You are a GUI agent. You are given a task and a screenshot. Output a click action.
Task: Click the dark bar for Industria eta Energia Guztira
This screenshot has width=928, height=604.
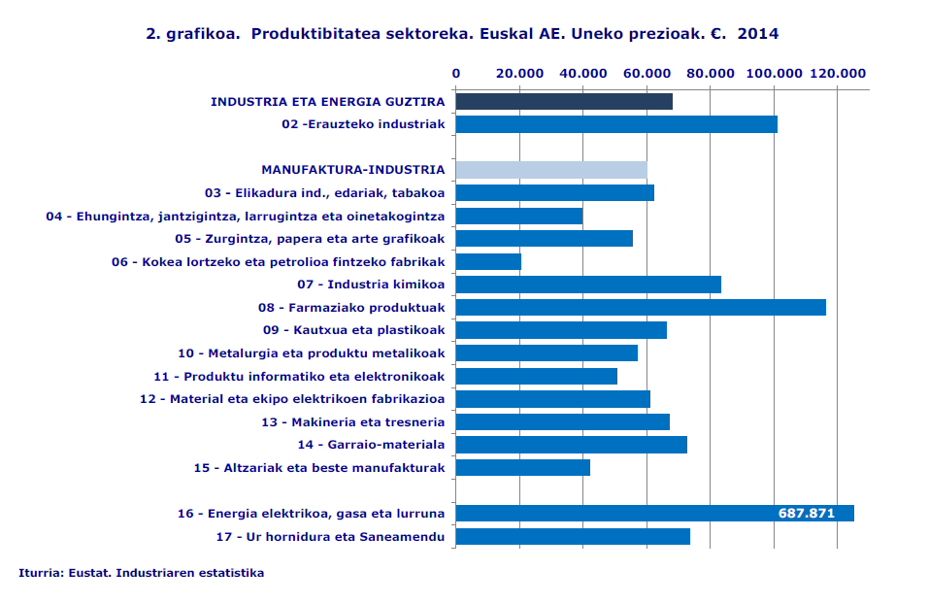point(564,101)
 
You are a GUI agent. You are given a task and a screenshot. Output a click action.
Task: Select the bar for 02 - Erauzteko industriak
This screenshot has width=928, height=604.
point(616,124)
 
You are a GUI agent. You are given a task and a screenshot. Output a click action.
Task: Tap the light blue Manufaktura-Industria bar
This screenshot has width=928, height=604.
point(551,170)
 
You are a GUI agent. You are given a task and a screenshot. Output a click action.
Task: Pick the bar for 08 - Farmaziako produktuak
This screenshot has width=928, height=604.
point(641,307)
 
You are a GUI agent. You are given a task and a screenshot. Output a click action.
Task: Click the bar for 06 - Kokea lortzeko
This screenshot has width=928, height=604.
point(488,261)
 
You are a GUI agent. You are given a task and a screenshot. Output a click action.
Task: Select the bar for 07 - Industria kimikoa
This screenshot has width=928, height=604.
point(588,285)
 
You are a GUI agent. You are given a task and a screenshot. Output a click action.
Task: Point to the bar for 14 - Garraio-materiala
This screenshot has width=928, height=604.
point(572,445)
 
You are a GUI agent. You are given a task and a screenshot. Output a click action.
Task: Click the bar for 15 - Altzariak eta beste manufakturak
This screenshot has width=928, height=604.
point(523,467)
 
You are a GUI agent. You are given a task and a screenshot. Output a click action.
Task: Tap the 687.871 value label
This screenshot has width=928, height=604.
point(807,513)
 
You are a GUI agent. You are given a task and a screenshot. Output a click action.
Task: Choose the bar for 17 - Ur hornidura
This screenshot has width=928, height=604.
point(573,536)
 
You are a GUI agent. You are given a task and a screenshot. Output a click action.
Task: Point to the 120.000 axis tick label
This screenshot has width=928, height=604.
point(838,73)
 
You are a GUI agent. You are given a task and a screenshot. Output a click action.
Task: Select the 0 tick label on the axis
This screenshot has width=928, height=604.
point(456,73)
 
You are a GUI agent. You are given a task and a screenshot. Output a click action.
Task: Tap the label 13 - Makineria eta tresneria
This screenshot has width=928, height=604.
point(352,421)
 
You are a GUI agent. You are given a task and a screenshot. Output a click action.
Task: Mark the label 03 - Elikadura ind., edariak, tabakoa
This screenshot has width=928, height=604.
point(324,192)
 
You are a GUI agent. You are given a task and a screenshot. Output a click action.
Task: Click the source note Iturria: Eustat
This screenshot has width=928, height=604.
point(141,573)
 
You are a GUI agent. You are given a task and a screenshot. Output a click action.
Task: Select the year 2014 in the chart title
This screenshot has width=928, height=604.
point(758,34)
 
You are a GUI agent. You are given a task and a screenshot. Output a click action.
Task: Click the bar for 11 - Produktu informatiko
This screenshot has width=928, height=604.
point(537,376)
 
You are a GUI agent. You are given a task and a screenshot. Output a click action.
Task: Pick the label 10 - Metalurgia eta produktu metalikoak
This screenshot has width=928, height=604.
point(311,352)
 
